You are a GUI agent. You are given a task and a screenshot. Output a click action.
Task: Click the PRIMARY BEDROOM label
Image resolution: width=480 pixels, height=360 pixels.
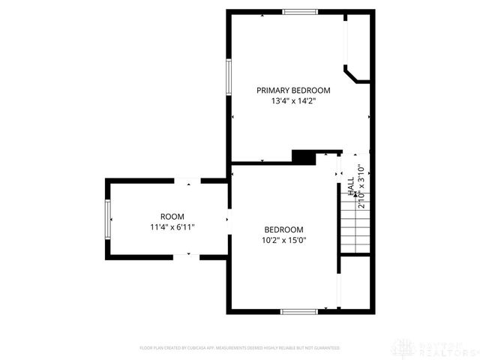click(293, 90)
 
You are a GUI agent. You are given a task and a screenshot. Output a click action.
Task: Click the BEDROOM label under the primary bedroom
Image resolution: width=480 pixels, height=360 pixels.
click(283, 229)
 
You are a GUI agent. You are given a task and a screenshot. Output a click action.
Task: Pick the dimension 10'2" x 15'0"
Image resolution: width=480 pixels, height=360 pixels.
click(283, 241)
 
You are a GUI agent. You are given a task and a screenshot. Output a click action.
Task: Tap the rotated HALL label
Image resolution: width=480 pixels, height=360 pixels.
click(351, 186)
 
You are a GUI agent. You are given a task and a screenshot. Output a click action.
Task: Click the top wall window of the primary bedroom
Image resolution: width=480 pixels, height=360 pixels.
click(300, 11)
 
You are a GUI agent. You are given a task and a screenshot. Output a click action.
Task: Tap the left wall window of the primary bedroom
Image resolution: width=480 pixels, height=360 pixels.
click(229, 76)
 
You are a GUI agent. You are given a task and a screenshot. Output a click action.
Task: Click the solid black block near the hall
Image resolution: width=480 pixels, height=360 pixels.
click(304, 157)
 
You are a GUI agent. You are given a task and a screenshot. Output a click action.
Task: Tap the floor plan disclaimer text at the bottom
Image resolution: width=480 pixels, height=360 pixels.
click(240, 348)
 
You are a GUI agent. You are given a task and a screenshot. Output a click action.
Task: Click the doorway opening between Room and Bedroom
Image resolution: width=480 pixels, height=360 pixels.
click(229, 219)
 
